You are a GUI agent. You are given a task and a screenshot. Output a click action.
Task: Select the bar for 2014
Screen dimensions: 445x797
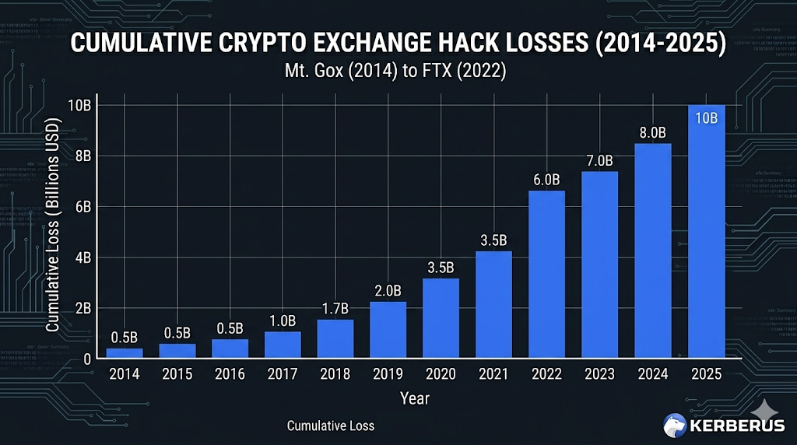(x=125, y=353)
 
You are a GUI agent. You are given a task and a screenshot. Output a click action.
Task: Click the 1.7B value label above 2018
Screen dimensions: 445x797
(x=335, y=309)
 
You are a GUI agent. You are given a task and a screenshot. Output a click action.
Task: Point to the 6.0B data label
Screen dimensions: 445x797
(x=546, y=180)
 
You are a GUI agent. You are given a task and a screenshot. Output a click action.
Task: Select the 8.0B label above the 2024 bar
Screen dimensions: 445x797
(x=653, y=132)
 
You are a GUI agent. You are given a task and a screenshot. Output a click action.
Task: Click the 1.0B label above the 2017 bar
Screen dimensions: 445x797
(x=282, y=321)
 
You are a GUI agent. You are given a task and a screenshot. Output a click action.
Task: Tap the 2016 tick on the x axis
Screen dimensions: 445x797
(x=230, y=374)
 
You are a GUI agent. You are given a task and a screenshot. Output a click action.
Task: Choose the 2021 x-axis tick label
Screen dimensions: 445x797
(x=493, y=374)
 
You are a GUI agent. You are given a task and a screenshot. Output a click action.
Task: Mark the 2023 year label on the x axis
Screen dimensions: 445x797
(x=599, y=374)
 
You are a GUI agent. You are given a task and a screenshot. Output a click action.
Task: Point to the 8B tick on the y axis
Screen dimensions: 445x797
(x=81, y=156)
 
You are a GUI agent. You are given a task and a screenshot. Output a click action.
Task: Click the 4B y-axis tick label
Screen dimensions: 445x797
(x=81, y=258)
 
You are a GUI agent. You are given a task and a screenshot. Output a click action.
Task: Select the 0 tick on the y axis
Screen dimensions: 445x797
(x=87, y=359)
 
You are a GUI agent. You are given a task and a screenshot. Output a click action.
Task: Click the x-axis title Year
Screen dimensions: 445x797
(x=414, y=398)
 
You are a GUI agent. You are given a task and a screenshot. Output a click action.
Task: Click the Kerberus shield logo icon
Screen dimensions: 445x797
(x=676, y=424)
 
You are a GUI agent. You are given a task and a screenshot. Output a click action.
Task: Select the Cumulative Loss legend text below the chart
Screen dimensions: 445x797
(x=331, y=426)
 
